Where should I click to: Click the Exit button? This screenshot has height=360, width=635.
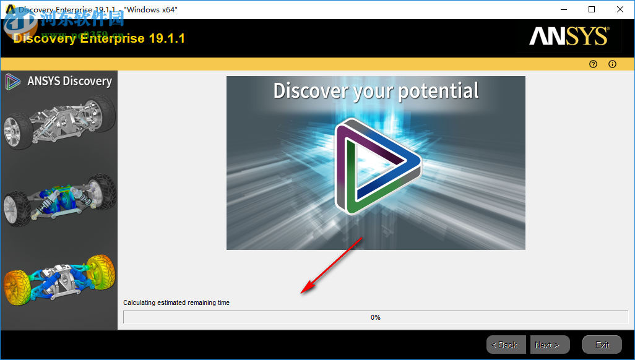(x=602, y=345)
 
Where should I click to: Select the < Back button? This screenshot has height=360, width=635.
(x=506, y=345)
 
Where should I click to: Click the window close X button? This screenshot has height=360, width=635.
(x=619, y=9)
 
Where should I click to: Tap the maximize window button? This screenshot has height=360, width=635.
(x=592, y=9)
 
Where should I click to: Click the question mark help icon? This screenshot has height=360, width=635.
(x=593, y=64)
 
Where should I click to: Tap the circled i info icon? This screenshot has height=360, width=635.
(x=613, y=64)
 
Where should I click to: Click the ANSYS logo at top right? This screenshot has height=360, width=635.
(x=569, y=36)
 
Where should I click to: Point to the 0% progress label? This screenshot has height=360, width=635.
(x=376, y=317)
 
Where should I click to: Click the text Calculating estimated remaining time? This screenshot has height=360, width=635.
(x=176, y=302)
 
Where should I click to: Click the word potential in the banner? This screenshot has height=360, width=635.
(x=438, y=91)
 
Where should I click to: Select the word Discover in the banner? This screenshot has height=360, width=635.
(x=311, y=91)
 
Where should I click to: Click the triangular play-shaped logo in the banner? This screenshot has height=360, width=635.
(x=375, y=166)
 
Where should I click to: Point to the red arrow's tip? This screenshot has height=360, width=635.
(x=302, y=292)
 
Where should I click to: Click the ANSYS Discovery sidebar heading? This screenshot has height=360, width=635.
(x=69, y=81)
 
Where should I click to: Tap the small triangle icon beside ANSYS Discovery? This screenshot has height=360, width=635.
(x=12, y=81)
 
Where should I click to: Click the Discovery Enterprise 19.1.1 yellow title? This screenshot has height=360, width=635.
(x=99, y=38)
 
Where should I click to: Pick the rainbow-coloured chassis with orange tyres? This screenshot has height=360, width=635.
(x=59, y=278)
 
